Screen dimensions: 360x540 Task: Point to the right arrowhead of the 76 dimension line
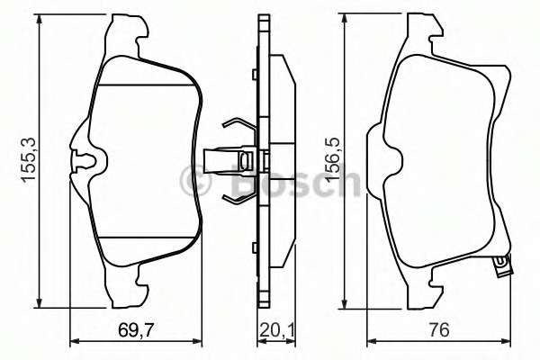(508, 341)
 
